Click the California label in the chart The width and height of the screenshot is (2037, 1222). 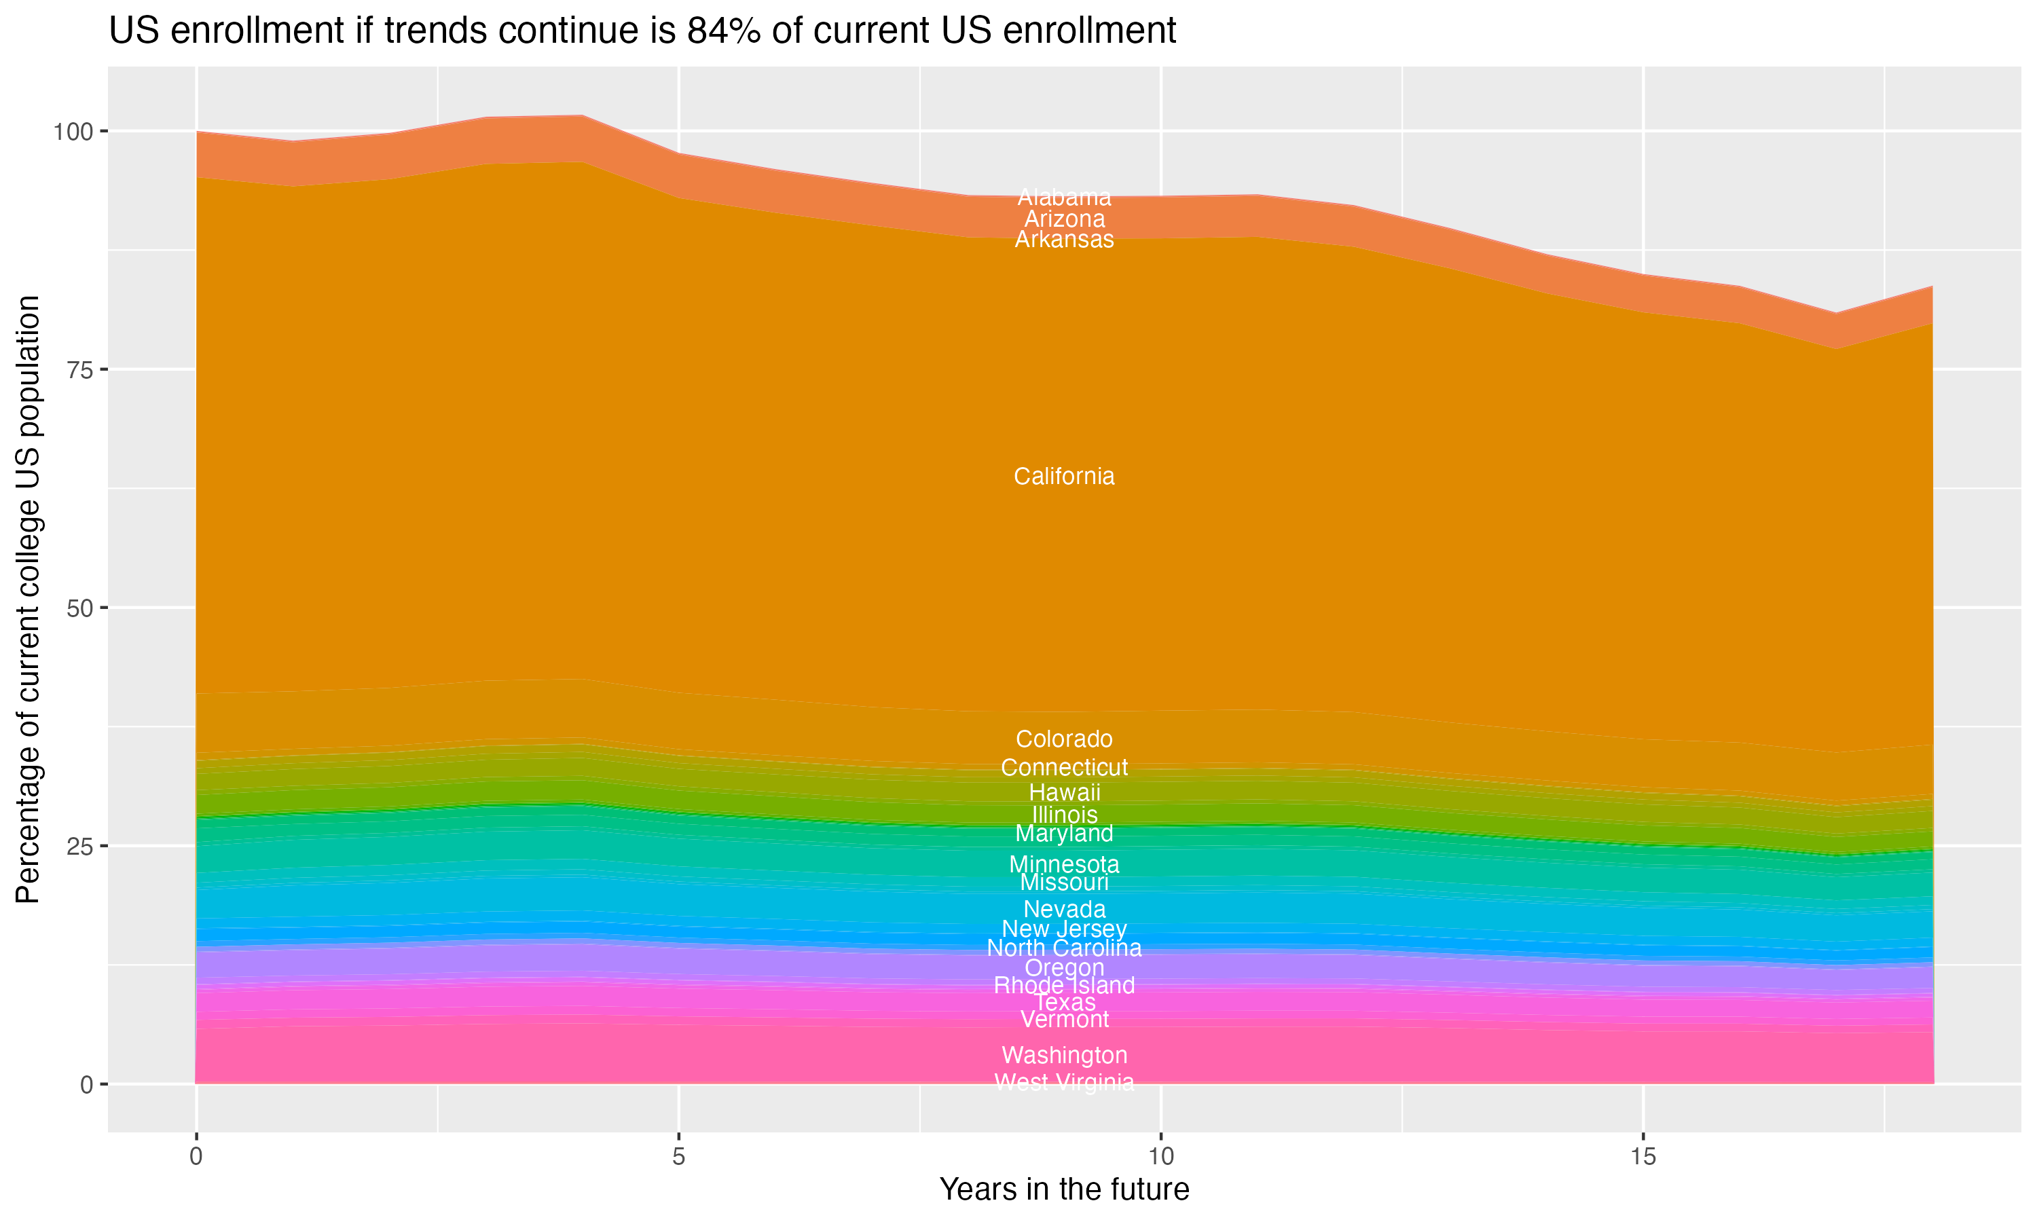(x=1064, y=477)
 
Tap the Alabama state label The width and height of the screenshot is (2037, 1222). (x=1064, y=198)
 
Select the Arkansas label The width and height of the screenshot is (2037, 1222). (x=1064, y=240)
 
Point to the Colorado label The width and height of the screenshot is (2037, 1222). (x=1064, y=739)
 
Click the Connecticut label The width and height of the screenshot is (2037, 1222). (x=1064, y=767)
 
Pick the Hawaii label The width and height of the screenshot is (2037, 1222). (x=1064, y=793)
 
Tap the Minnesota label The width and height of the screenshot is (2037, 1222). (x=1064, y=865)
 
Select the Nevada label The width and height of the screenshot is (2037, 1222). (x=1064, y=910)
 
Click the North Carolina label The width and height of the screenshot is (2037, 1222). (x=1064, y=948)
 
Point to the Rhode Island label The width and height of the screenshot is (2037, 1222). (x=1064, y=986)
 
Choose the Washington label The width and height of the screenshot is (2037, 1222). (x=1064, y=1056)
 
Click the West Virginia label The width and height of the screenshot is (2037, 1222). (x=1064, y=1083)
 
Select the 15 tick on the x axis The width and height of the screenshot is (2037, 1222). (x=1643, y=1157)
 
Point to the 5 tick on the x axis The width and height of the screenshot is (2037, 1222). (x=678, y=1157)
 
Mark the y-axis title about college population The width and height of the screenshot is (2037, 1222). (x=28, y=599)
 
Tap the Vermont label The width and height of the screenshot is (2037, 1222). (x=1064, y=1020)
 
